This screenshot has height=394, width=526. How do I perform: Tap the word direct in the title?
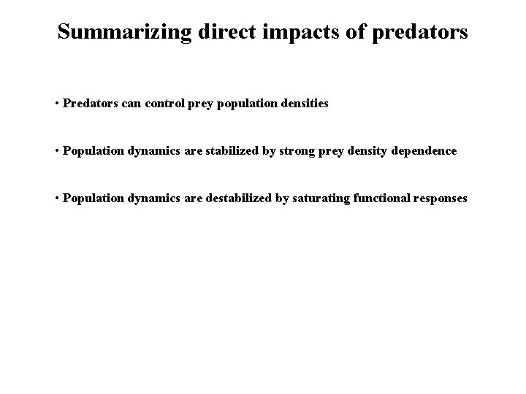click(218, 32)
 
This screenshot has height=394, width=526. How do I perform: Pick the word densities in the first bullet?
click(304, 104)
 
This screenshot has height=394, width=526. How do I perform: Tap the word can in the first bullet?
click(131, 104)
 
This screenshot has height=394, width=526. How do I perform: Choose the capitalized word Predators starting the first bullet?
click(90, 104)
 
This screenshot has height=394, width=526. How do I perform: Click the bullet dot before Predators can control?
click(57, 104)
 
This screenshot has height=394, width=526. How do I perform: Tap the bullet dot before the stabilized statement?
click(57, 151)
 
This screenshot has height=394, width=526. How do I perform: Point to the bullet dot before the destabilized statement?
click(57, 198)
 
